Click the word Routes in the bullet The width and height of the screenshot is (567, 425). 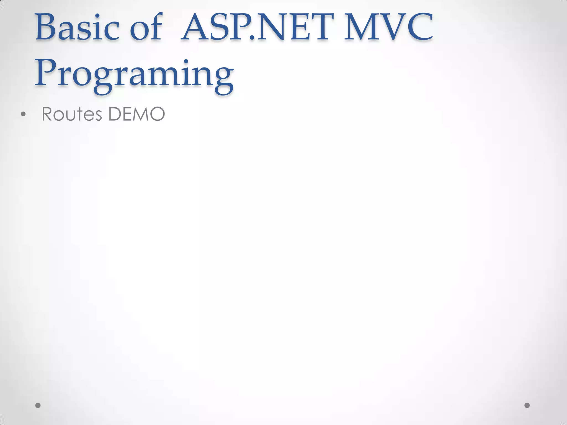click(x=72, y=114)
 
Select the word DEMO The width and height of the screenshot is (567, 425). click(x=136, y=114)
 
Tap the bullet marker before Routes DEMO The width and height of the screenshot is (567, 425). click(x=23, y=114)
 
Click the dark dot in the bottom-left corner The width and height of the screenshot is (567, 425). click(x=38, y=405)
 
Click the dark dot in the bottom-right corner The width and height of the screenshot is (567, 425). click(x=527, y=405)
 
